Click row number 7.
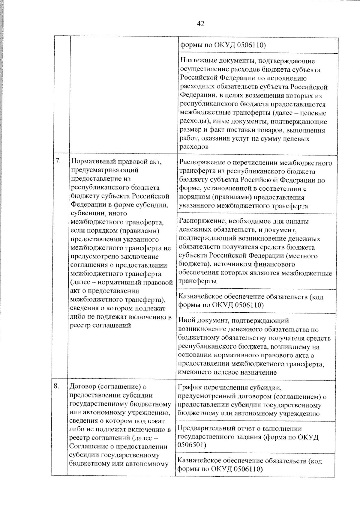[58, 161]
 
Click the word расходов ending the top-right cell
[194, 147]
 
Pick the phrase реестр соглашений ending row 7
[100, 326]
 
